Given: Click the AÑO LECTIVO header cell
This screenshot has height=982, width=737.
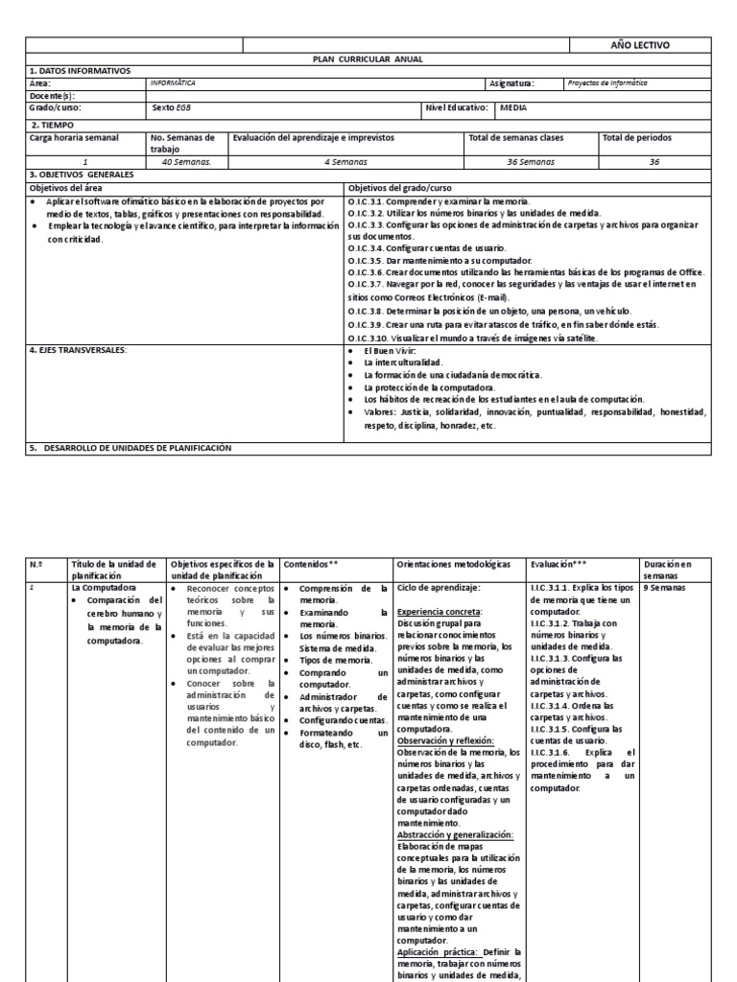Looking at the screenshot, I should coord(640,45).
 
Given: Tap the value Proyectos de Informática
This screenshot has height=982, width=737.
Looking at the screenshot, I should coord(607,83).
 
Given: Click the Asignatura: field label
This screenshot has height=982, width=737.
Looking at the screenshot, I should coord(512,83).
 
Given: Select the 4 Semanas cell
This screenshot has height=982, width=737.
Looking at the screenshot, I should coord(345,162).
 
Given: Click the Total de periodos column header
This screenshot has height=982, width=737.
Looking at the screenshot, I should coord(637,138).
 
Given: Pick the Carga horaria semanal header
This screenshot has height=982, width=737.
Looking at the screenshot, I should coord(75,138).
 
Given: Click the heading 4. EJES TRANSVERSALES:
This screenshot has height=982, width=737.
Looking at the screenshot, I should coord(80,350).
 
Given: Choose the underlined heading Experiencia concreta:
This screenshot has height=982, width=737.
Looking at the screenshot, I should coord(439,610).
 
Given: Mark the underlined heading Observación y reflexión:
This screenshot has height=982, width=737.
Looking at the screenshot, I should coord(444,740).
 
